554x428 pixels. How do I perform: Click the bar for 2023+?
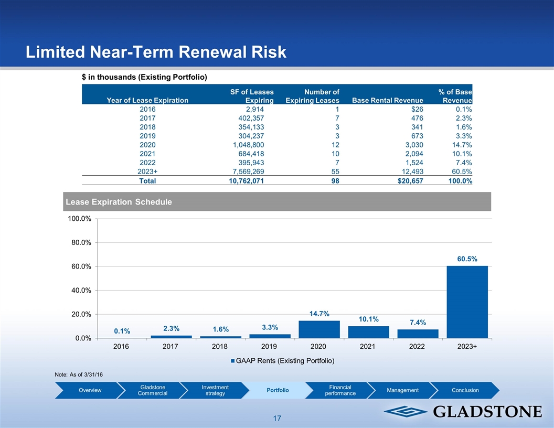(467, 302)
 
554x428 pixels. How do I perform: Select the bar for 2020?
(318, 329)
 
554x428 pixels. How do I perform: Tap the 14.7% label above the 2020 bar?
(319, 314)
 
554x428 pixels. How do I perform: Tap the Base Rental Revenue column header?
(388, 100)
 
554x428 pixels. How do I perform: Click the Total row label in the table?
(147, 180)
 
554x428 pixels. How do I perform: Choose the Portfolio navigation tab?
(278, 390)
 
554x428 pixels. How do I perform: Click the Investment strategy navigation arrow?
(214, 390)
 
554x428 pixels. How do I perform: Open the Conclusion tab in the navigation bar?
(465, 390)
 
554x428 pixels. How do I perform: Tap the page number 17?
(277, 419)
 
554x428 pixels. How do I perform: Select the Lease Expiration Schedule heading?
(118, 202)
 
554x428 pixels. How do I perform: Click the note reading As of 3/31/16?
(78, 374)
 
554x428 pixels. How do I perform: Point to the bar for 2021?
(368, 332)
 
